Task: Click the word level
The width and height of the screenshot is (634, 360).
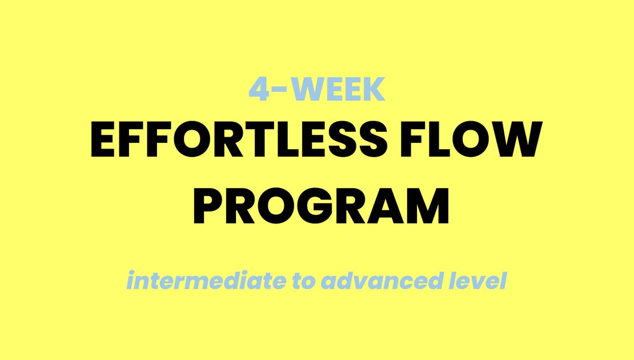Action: [479, 281]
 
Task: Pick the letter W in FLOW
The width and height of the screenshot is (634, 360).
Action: [514, 141]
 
